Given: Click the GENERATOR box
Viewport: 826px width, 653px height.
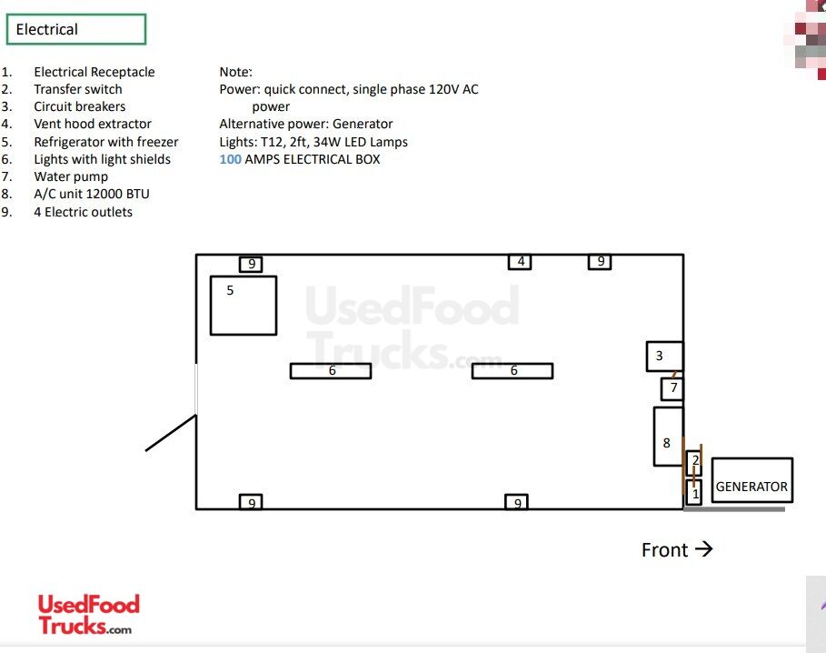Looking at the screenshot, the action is coord(751,480).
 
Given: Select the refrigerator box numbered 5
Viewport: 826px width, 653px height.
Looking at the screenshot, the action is coord(244,306).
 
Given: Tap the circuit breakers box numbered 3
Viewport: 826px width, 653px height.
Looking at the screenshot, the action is coord(665,357).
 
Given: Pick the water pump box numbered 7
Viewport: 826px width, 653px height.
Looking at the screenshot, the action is coord(672,389).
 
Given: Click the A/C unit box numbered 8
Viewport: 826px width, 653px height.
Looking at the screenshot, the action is coord(669,437).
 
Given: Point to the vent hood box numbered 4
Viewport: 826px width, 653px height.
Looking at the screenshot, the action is coord(520,261).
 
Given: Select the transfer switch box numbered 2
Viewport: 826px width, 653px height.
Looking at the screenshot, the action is coord(693,462).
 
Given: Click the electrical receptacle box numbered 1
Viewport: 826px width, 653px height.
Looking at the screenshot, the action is coord(693,492).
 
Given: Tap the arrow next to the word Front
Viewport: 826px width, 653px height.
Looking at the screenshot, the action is coord(704,549).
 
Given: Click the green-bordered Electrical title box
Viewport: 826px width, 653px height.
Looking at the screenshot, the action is coord(75,29).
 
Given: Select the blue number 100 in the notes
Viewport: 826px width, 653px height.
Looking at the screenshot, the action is coord(230,159).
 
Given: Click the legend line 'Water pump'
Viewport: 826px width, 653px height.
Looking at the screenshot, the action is coord(71,176).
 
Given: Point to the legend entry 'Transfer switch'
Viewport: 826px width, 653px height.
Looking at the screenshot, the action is coord(78,89).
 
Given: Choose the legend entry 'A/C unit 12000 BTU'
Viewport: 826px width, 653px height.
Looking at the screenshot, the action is coord(92,194).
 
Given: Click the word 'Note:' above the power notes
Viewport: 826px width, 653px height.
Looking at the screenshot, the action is coord(236,72).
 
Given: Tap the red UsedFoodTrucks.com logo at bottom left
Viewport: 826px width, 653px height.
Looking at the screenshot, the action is coord(88,615).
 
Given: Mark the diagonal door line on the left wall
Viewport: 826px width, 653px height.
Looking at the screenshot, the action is coord(171,433).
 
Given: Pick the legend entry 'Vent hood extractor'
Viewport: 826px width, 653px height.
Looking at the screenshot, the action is coord(93,124).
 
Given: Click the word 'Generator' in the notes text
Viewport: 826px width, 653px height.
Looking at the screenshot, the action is coord(363,124).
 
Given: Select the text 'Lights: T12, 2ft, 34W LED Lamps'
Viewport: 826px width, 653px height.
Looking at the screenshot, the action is coord(313,142).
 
